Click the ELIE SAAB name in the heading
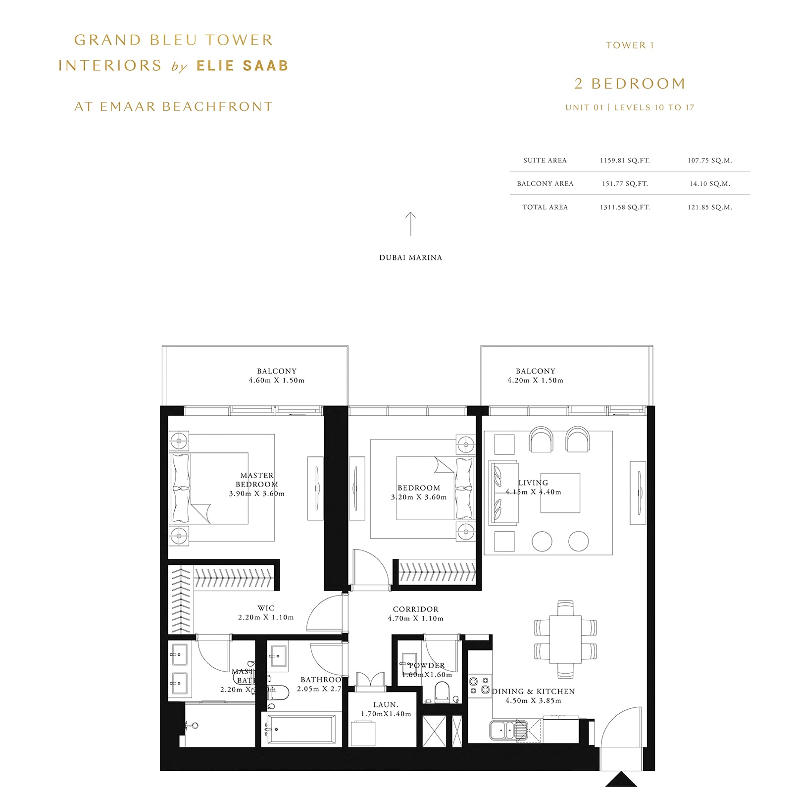pos(242,66)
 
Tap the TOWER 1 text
pos(630,45)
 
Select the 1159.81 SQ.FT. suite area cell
pos(625,160)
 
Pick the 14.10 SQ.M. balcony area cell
pos(709,184)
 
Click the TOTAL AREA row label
pos(545,207)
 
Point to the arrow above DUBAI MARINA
pos(410,224)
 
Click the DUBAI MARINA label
pos(410,257)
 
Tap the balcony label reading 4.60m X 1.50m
pos(276,380)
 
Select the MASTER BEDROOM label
pos(257,480)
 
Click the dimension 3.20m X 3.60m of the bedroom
pos(419,497)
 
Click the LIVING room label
pos(533,483)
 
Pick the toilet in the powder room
pos(442,692)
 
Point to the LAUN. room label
pos(386,704)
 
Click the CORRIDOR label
pos(415,609)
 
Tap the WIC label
pos(266,608)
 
